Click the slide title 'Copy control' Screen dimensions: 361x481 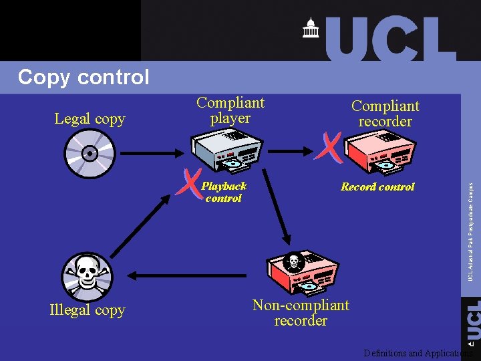(84, 78)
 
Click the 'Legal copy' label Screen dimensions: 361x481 (90, 119)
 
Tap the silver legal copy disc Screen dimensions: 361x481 (89, 153)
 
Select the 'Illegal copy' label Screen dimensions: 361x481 (88, 310)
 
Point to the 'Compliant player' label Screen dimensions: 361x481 (230, 110)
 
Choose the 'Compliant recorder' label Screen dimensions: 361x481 (385, 114)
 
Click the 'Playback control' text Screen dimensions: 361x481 (224, 192)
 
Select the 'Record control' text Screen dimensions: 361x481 (377, 187)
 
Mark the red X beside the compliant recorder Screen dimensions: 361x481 (329, 146)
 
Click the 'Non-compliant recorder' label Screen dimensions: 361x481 (301, 313)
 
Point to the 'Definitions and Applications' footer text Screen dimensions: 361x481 (418, 353)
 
